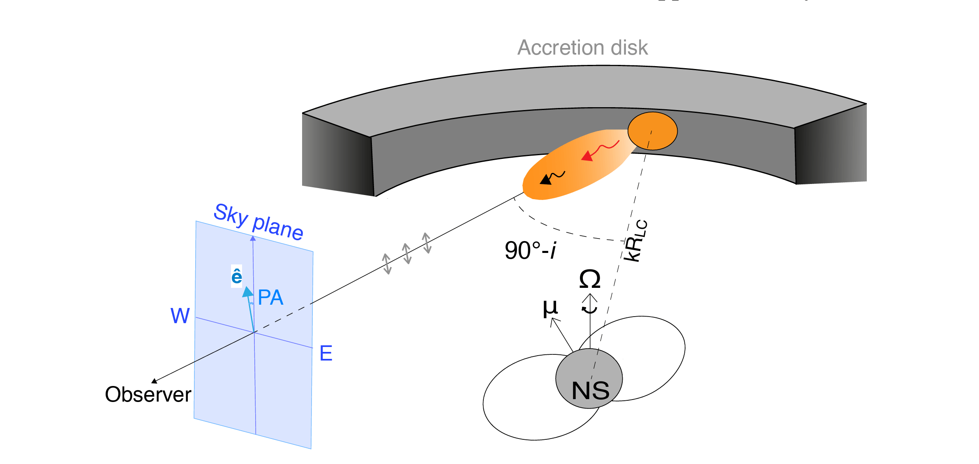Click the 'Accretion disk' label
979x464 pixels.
click(582, 48)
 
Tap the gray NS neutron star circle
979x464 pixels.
click(589, 379)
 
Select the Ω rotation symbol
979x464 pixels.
click(589, 279)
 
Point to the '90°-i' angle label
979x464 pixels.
click(531, 250)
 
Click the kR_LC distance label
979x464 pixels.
click(635, 241)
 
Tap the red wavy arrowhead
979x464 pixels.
click(587, 156)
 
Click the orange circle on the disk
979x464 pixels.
click(652, 131)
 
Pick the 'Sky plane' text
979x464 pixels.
click(259, 221)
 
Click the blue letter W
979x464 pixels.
click(180, 316)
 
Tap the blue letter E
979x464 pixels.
click(326, 353)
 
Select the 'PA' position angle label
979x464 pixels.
click(270, 297)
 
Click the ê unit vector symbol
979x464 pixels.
click(237, 276)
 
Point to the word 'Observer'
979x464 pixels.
click(148, 394)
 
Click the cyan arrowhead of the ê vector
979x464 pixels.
click(247, 292)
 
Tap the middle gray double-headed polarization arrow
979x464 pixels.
click(407, 253)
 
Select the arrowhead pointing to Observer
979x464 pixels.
click(155, 381)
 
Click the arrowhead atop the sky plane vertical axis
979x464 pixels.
click(253, 238)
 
